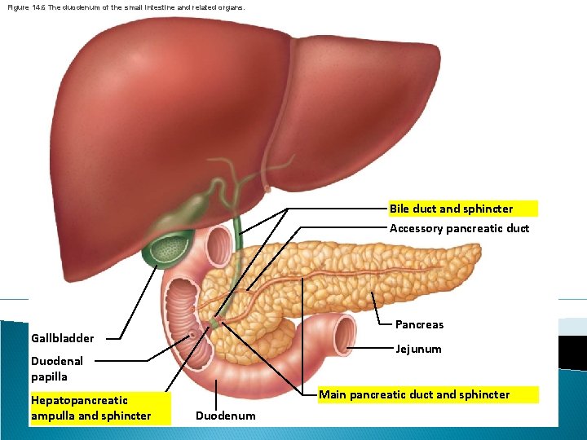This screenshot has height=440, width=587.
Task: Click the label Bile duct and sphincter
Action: [x=451, y=209]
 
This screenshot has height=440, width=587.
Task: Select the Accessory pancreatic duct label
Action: [x=459, y=228]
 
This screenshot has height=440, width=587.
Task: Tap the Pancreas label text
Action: [x=419, y=324]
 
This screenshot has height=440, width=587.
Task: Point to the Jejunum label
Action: [x=418, y=349]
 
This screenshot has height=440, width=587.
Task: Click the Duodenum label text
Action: [x=225, y=416]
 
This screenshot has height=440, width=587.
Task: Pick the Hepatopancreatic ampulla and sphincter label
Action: [x=90, y=407]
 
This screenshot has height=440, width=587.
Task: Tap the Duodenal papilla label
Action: [x=56, y=368]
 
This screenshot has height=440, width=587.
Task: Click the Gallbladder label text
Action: [x=62, y=337]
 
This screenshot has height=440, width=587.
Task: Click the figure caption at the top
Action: [x=123, y=7]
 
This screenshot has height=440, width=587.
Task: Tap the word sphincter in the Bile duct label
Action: [x=488, y=209]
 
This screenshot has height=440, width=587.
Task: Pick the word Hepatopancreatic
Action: [x=79, y=400]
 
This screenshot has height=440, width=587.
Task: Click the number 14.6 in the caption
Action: [x=40, y=7]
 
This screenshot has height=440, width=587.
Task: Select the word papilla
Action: [x=49, y=376]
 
